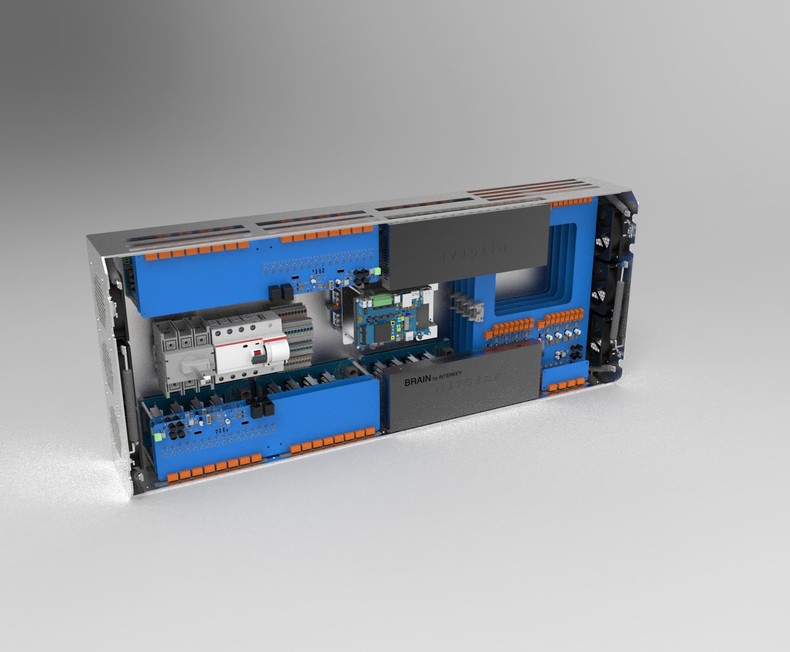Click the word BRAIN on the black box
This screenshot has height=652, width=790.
[417, 382]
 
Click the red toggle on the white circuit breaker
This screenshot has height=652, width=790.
[258, 353]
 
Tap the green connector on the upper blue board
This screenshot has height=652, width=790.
[376, 270]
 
